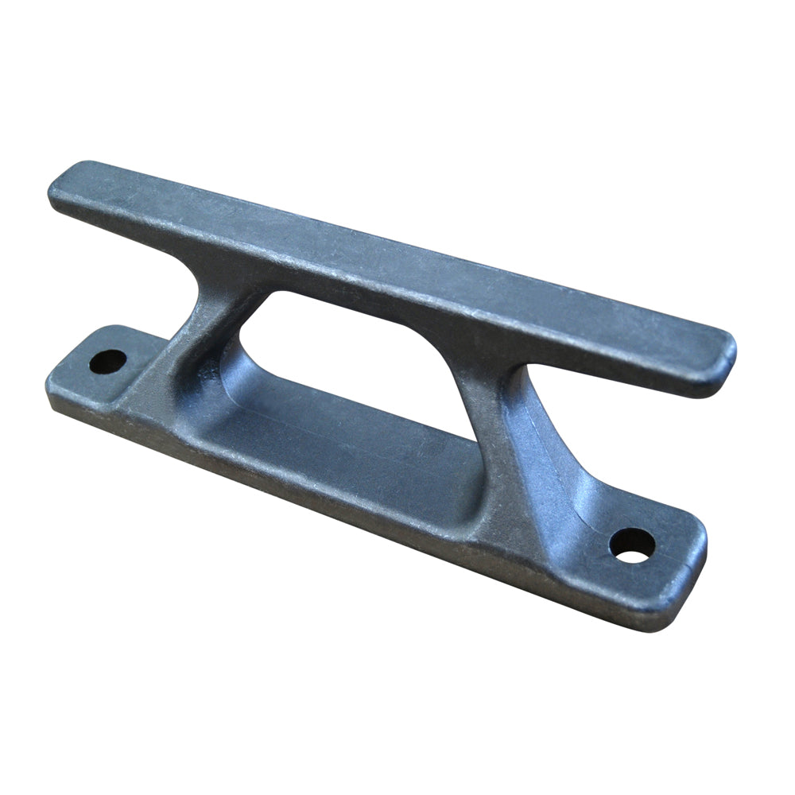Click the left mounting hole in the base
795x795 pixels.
click(108, 363)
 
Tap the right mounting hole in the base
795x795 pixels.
click(632, 545)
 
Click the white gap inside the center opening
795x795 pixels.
click(382, 350)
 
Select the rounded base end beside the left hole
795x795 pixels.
click(60, 382)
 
